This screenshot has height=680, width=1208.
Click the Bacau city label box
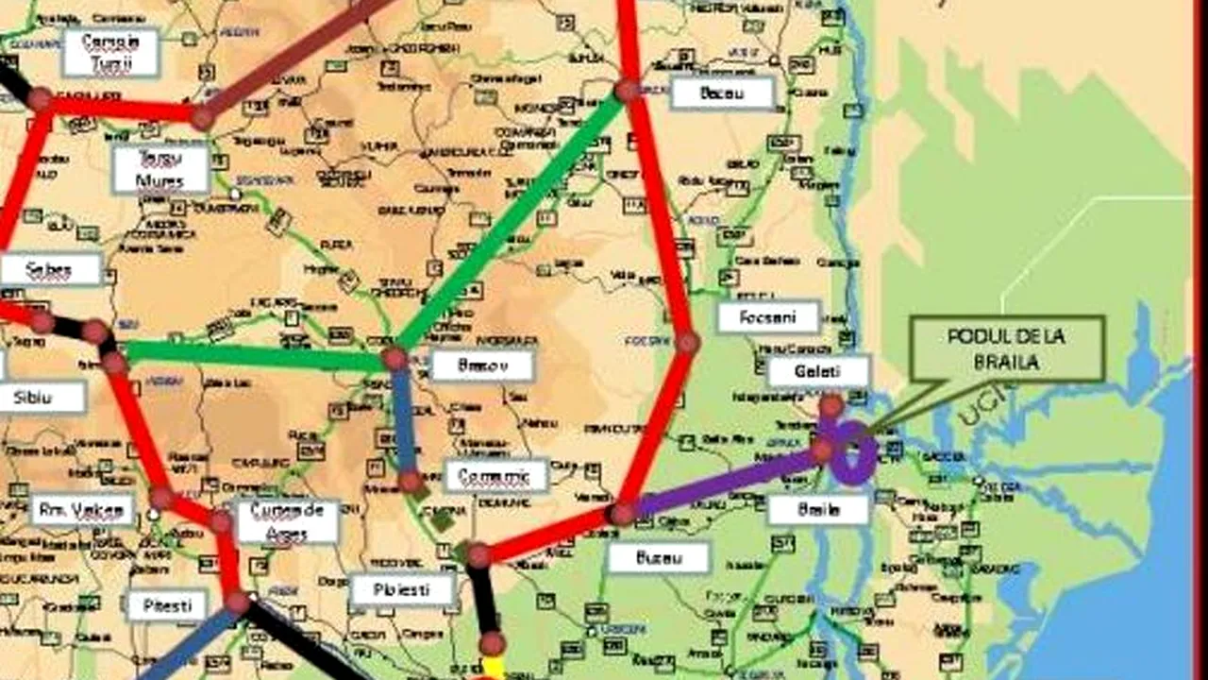tap(723, 93)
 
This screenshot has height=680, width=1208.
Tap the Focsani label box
tap(767, 316)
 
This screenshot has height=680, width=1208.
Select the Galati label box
tap(817, 372)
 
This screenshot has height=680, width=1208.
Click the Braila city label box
tap(817, 509)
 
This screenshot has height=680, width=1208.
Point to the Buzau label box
tap(658, 557)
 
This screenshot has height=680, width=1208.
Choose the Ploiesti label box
tap(403, 590)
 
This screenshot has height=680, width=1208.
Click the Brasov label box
tap(482, 365)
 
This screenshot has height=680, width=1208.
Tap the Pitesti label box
tap(167, 604)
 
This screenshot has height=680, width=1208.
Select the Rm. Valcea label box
tap(81, 510)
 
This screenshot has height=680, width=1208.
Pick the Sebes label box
tap(50, 269)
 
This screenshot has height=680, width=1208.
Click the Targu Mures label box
tap(160, 169)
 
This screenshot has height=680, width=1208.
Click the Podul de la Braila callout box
tap(1006, 348)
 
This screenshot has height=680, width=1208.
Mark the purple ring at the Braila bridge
tap(854, 454)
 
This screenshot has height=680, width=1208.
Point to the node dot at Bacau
tap(627, 91)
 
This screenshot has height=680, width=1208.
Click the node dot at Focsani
tap(687, 343)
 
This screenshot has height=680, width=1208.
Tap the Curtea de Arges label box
tap(287, 521)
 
